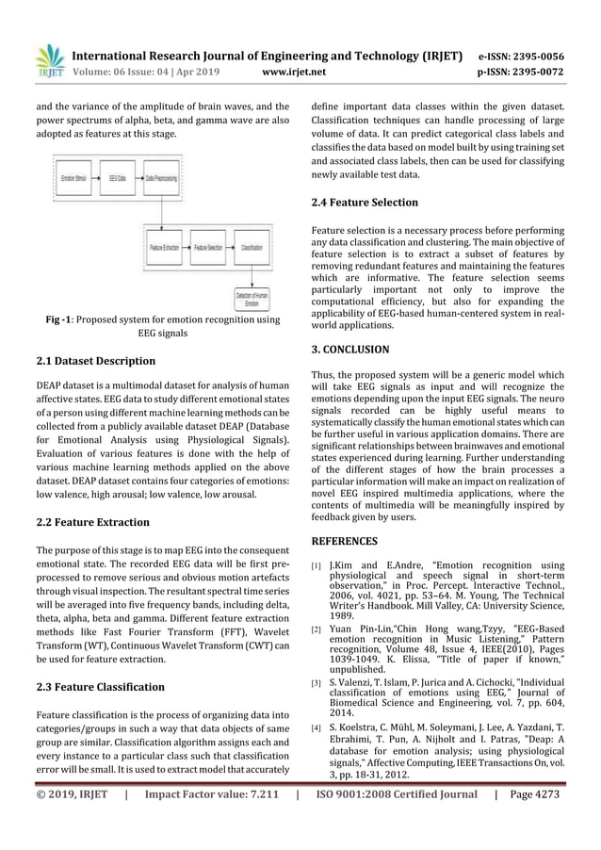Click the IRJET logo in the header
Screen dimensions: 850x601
tap(50, 59)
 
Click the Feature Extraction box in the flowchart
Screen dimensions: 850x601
tap(165, 247)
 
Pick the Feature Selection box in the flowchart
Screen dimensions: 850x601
tap(209, 247)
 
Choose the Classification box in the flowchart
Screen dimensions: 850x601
tap(252, 247)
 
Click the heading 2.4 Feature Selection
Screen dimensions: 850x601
tap(364, 203)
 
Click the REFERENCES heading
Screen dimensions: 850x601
tap(344, 541)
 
